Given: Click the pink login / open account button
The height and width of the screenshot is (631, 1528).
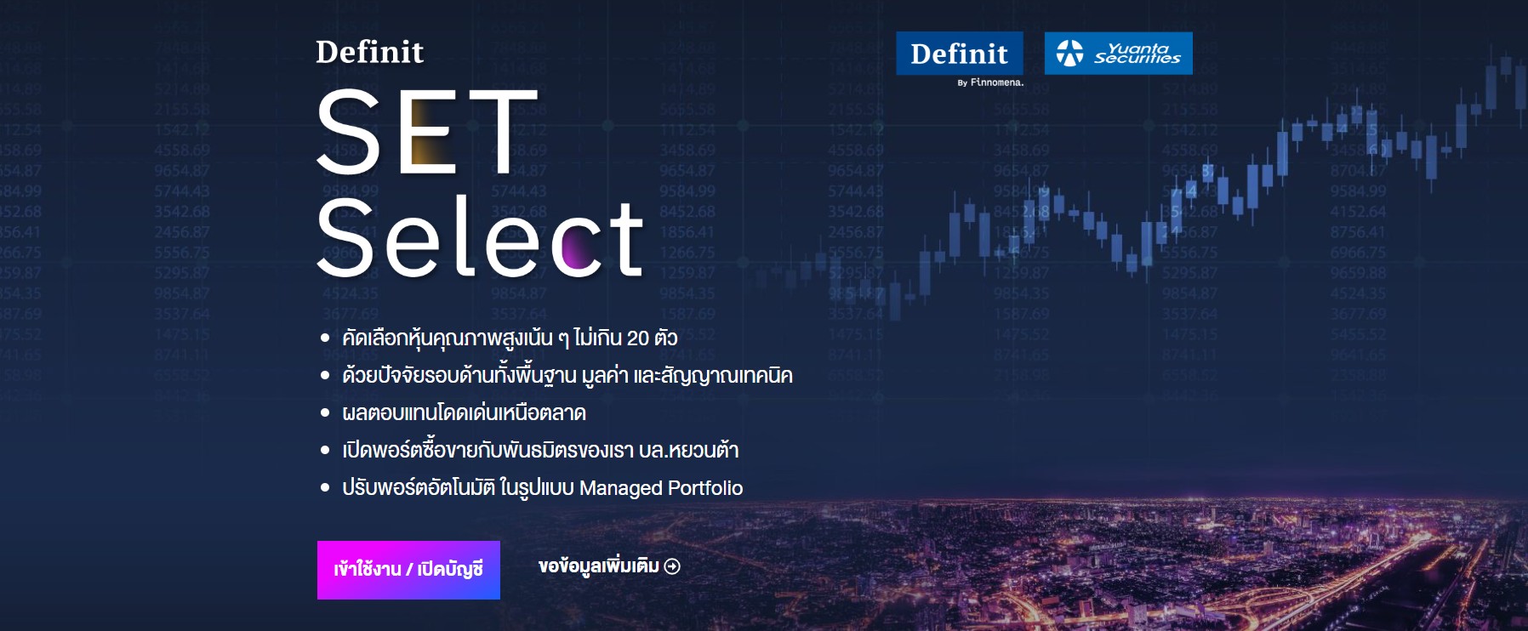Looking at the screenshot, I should [x=408, y=570].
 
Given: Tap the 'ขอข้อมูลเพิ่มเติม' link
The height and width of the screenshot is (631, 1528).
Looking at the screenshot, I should [x=598, y=566].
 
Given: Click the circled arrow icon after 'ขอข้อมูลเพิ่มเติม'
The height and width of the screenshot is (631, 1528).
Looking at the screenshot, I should [x=672, y=566].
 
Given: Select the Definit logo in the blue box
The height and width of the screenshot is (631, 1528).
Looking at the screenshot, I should [x=959, y=54].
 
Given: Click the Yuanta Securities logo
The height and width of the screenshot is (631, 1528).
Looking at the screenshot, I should [x=1118, y=54].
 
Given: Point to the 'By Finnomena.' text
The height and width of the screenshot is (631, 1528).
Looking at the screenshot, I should [x=990, y=82].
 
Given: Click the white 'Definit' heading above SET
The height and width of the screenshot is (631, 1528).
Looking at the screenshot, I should [x=369, y=52].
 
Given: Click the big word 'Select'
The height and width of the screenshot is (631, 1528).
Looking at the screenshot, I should [x=480, y=238].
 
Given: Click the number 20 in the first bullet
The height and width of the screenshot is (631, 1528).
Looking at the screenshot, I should [x=637, y=338].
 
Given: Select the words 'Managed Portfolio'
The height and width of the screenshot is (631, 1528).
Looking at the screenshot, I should [x=660, y=488].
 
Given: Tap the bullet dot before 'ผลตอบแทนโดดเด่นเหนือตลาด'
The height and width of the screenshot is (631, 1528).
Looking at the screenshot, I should [x=325, y=413].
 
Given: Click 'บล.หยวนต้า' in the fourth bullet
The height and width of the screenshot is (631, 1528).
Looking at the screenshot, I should [x=688, y=451].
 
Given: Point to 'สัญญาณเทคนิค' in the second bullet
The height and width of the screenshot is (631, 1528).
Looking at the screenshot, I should [x=733, y=376].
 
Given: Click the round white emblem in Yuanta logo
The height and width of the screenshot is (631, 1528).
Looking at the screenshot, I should [x=1069, y=54].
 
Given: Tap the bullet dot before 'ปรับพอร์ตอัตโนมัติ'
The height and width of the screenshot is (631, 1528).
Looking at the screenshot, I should [x=325, y=488].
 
